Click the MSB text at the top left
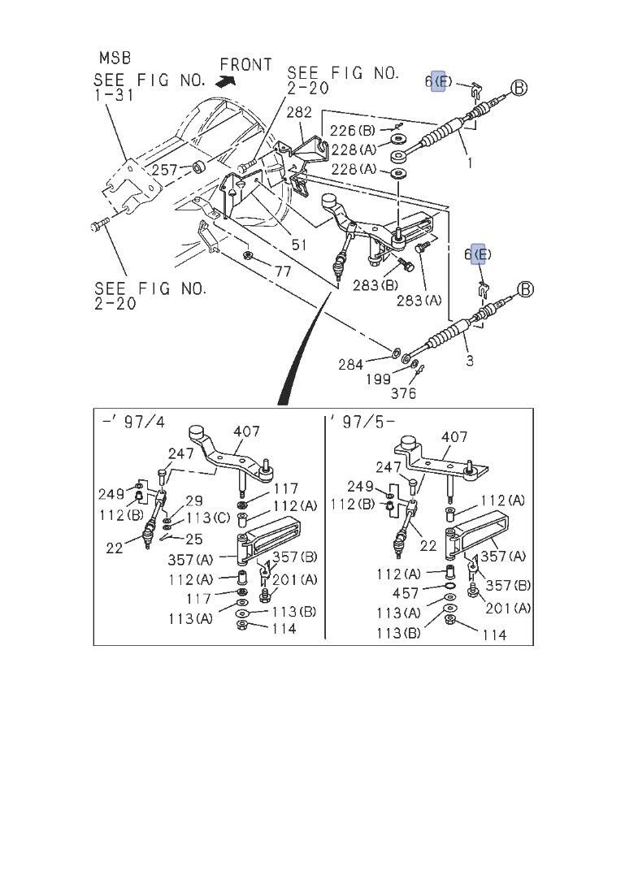click(x=115, y=58)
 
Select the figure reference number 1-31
click(x=115, y=95)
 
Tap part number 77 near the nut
click(x=282, y=271)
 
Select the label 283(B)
click(x=375, y=285)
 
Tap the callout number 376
click(x=403, y=394)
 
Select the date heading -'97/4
click(x=132, y=423)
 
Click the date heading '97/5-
click(x=362, y=423)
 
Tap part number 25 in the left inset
click(x=193, y=539)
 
